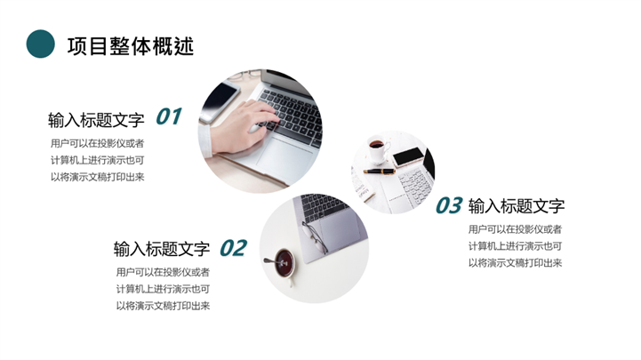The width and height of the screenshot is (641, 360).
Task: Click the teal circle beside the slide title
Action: [x=41, y=44]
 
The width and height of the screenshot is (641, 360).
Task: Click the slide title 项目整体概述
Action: [x=131, y=45]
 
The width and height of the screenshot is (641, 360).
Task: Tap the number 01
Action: [x=168, y=116]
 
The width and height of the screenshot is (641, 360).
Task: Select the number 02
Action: [x=234, y=248]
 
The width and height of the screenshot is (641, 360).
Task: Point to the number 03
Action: [x=449, y=205]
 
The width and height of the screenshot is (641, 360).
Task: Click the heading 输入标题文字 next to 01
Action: [x=96, y=120]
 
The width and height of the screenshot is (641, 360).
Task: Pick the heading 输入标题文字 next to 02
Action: [x=162, y=249]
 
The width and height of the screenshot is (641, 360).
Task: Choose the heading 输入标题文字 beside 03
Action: [x=517, y=206]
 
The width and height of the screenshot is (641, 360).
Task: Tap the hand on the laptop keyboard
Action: [x=241, y=127]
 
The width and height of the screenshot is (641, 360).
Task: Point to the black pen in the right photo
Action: [x=380, y=172]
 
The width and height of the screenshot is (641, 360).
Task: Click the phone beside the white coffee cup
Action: [x=409, y=157]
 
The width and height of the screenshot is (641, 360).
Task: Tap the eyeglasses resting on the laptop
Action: [x=315, y=237]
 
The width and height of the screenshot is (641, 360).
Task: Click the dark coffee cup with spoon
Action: [x=283, y=263]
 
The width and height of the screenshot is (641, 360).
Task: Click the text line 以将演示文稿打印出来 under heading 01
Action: [x=97, y=177]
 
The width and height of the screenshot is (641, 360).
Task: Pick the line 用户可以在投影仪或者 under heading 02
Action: [x=163, y=272]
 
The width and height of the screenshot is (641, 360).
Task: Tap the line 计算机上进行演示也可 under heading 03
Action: [x=515, y=246]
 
